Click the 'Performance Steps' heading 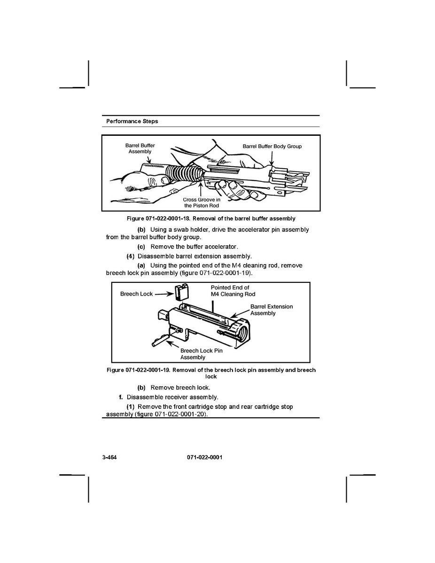tap(132, 121)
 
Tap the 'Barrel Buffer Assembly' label tap(140, 149)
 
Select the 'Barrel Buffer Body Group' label tap(272, 147)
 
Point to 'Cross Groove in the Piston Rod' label tap(202, 203)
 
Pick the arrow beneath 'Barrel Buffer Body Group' tap(272, 158)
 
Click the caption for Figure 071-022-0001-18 tap(211, 219)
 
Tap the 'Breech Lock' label tap(136, 294)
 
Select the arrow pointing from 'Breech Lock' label tap(164, 294)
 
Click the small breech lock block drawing tap(182, 292)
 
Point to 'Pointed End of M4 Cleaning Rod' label tap(233, 291)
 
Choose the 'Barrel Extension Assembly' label tap(272, 310)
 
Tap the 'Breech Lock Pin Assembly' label tap(202, 354)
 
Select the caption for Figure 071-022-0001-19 tap(211, 373)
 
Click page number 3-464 tap(109, 457)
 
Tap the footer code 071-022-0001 tap(204, 457)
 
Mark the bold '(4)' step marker tap(130, 257)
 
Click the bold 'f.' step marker tap(121, 397)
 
